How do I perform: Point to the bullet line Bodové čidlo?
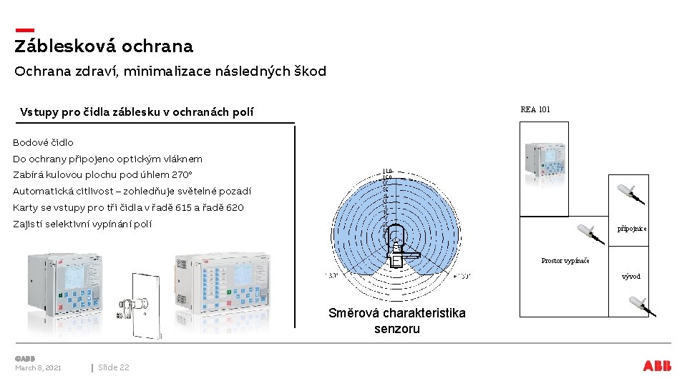[x=43, y=142]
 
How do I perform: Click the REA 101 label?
[x=535, y=109]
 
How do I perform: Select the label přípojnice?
[x=632, y=229]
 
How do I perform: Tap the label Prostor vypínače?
[x=565, y=261]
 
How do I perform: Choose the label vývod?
[x=631, y=276]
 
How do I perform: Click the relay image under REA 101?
[x=543, y=162]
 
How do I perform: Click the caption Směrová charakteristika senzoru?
[x=396, y=321]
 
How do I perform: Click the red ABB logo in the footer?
[x=657, y=366]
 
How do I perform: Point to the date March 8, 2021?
[x=38, y=367]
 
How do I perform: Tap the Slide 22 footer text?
[x=114, y=367]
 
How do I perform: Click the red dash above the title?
[x=24, y=30]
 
